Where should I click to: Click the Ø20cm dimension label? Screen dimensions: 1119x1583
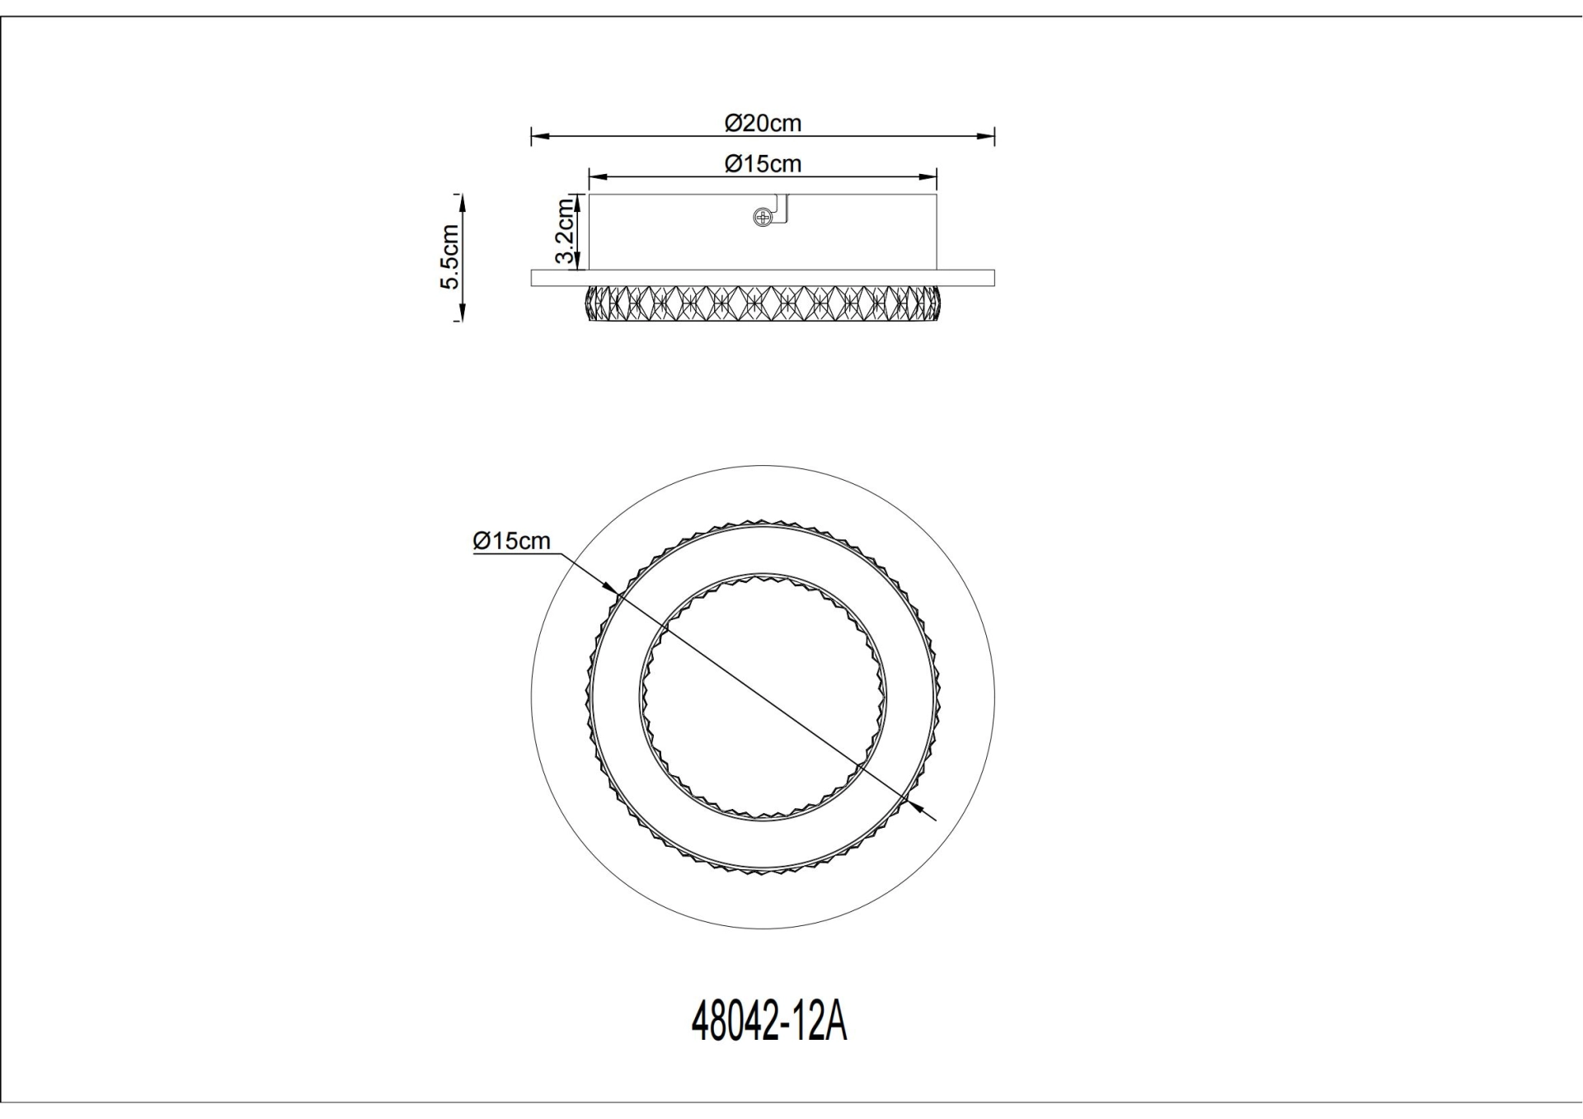click(x=763, y=123)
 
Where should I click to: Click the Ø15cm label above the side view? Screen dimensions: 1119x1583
click(x=763, y=164)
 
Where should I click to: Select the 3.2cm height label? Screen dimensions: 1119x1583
click(x=565, y=231)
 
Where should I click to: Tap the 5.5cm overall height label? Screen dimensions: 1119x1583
click(x=450, y=256)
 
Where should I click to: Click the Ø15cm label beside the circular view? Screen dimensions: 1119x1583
click(x=511, y=541)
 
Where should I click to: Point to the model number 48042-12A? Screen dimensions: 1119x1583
click(x=768, y=1023)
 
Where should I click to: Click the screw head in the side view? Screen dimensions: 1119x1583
click(x=763, y=218)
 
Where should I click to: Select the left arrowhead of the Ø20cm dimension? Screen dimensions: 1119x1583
click(x=538, y=136)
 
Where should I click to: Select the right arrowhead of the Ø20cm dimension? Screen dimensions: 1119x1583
click(x=988, y=136)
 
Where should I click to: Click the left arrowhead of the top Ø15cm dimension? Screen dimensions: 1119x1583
click(x=596, y=176)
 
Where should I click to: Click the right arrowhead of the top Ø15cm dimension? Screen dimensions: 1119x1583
click(x=930, y=176)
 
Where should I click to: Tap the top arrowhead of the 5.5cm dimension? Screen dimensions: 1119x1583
click(x=461, y=202)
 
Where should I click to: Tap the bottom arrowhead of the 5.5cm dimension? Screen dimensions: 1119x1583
click(x=461, y=313)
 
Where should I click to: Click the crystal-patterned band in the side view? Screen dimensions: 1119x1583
click(x=763, y=303)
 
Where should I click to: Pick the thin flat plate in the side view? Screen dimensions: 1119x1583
click(x=763, y=278)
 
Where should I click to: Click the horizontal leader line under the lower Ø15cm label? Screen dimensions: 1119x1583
click(x=515, y=554)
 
